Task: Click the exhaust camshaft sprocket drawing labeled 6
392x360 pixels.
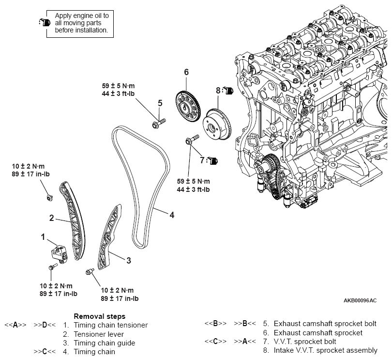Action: tap(188, 107)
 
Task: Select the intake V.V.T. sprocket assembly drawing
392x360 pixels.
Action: tap(217, 124)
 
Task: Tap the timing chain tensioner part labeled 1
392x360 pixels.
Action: tap(60, 254)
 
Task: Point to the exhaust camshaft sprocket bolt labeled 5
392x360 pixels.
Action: tap(159, 123)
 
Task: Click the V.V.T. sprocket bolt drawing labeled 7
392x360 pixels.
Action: tap(192, 140)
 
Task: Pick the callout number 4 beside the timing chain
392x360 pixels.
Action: tap(172, 215)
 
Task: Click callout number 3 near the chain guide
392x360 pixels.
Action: tap(129, 260)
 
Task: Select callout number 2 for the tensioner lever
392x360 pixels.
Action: tap(51, 218)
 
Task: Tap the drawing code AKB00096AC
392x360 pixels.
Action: tap(360, 300)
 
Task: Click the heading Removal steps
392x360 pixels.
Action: tap(100, 316)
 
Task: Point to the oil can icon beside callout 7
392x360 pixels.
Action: tap(212, 161)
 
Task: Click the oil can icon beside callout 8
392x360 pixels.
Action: tap(228, 90)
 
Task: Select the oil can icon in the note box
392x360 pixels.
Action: tap(45, 22)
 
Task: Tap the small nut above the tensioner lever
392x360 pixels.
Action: tap(49, 198)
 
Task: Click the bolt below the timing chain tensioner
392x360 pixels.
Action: tap(53, 267)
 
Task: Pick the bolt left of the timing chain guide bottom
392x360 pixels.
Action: tap(90, 271)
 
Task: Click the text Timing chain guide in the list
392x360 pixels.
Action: tap(105, 343)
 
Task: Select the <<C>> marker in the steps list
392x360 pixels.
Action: tap(215, 341)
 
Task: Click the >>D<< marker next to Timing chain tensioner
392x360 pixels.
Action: tap(45, 325)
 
